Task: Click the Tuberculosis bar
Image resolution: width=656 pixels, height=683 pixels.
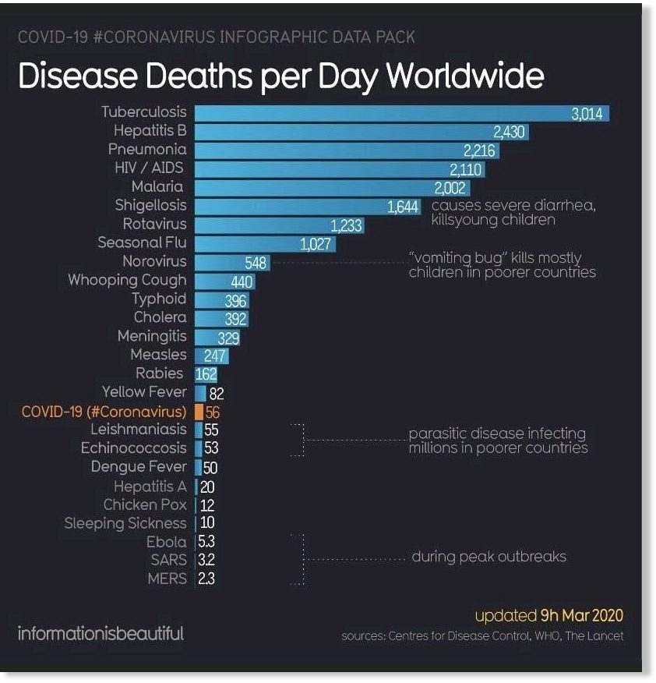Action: point(401,113)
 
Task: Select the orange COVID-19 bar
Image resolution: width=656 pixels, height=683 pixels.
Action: point(199,411)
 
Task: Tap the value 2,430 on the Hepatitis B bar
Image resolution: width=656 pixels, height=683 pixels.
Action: point(509,132)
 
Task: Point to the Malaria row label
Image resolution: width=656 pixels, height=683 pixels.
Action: point(157,186)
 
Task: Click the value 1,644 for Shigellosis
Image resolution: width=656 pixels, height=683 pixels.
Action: point(403,207)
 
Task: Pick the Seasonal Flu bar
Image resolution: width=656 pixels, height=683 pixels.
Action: point(265,244)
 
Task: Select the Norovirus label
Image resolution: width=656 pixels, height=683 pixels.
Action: point(154,261)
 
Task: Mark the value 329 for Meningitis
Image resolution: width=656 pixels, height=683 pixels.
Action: point(227,338)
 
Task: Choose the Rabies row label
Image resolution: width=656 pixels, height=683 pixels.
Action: point(160,373)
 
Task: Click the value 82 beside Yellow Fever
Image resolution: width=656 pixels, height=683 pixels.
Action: point(217,393)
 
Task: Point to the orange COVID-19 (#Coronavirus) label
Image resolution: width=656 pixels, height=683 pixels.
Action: point(104,411)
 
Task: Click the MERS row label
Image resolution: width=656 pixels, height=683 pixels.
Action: point(167,579)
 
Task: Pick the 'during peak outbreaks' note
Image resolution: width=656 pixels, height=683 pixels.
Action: point(488,557)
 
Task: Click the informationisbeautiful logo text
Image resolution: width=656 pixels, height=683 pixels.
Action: point(101,633)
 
